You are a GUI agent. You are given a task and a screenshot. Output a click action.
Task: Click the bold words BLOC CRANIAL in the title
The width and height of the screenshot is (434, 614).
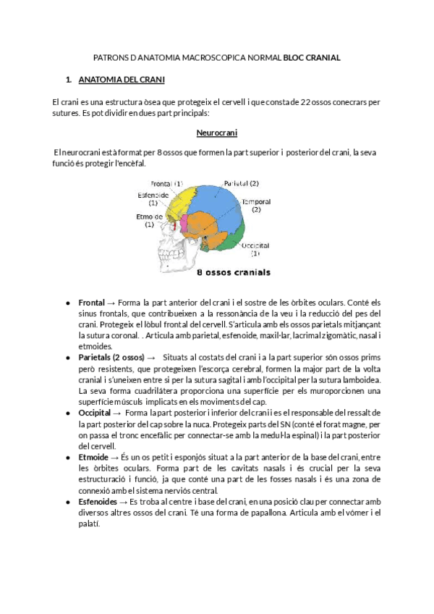[312, 56]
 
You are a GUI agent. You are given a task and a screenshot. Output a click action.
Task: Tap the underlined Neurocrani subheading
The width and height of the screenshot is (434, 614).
[217, 133]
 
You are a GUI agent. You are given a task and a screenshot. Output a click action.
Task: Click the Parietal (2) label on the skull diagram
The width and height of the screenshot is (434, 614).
[241, 183]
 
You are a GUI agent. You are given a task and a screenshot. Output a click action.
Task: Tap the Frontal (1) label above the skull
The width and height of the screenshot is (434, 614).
[167, 183]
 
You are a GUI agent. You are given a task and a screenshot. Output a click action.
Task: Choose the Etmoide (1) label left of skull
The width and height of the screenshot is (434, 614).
[149, 220]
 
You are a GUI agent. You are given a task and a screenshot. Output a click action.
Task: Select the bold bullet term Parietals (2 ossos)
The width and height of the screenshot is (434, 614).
[112, 358]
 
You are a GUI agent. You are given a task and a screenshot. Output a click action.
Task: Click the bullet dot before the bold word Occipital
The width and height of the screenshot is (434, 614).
[68, 412]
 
